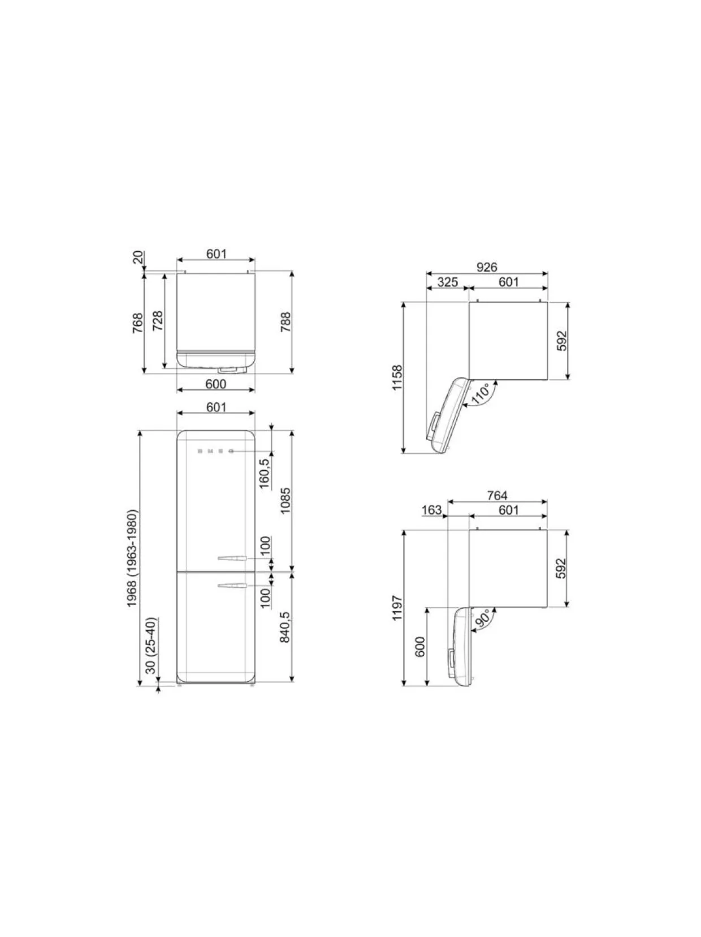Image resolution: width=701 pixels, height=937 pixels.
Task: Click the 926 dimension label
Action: pyautogui.click(x=487, y=267)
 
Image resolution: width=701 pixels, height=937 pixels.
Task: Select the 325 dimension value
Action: pyautogui.click(x=447, y=282)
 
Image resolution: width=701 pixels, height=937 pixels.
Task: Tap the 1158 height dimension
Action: pyautogui.click(x=397, y=377)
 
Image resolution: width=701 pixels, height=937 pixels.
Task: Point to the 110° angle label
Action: pyautogui.click(x=482, y=394)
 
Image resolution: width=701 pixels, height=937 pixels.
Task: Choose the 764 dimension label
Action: pyautogui.click(x=497, y=496)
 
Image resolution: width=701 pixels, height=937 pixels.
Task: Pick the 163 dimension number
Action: pyautogui.click(x=431, y=510)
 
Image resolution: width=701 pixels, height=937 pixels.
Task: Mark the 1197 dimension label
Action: pyautogui.click(x=397, y=608)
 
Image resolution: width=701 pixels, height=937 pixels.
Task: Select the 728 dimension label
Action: pyautogui.click(x=157, y=321)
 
